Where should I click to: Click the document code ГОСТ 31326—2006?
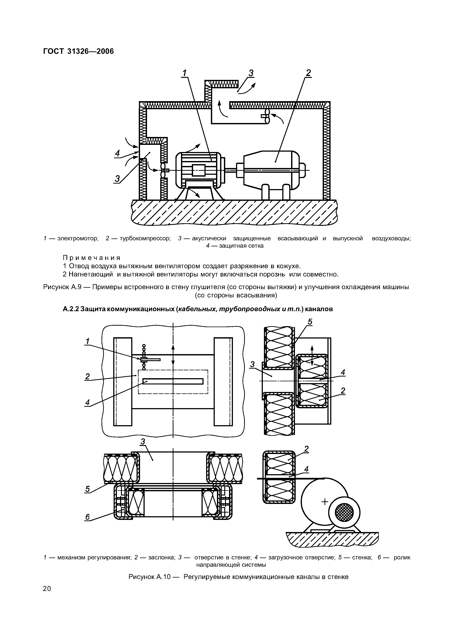click(79, 51)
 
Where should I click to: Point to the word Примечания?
click(92, 258)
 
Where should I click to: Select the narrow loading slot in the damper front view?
click(173, 381)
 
